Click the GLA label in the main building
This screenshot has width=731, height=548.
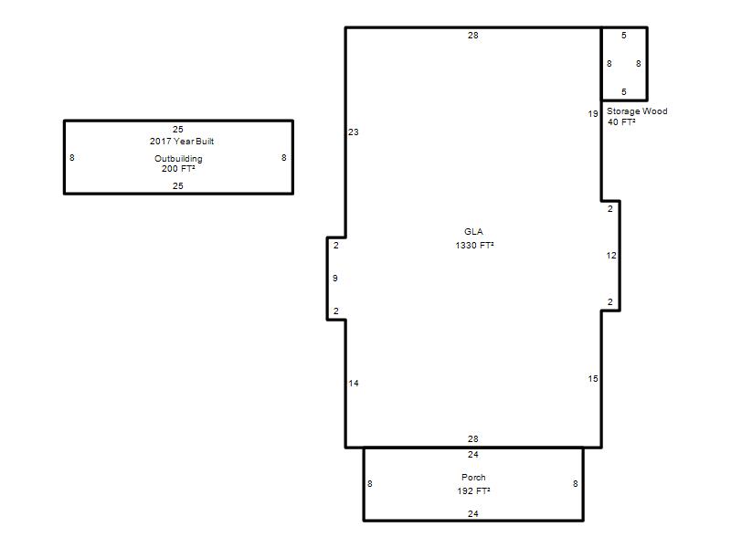(473, 232)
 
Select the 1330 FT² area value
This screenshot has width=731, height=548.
(474, 245)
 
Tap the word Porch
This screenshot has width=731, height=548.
(473, 477)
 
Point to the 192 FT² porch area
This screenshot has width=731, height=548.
(473, 490)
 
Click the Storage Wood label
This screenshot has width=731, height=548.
(637, 111)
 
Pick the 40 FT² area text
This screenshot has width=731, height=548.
(621, 122)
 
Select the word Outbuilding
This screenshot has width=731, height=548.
(178, 158)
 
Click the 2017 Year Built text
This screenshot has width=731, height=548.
(181, 142)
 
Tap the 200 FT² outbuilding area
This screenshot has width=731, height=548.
(178, 169)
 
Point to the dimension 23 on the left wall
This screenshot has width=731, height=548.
(354, 132)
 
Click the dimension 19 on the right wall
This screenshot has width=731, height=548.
(592, 113)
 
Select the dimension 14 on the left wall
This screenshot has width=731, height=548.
(354, 384)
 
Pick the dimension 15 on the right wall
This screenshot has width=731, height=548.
(592, 379)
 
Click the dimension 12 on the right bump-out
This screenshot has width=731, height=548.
(611, 256)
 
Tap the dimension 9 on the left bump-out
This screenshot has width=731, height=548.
(335, 279)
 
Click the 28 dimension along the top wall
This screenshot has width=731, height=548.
(473, 36)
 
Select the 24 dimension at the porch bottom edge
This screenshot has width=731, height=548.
(473, 514)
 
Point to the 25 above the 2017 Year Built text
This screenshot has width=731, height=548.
(178, 130)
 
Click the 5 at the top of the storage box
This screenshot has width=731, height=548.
(624, 36)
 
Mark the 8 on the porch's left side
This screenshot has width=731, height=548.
(370, 484)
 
